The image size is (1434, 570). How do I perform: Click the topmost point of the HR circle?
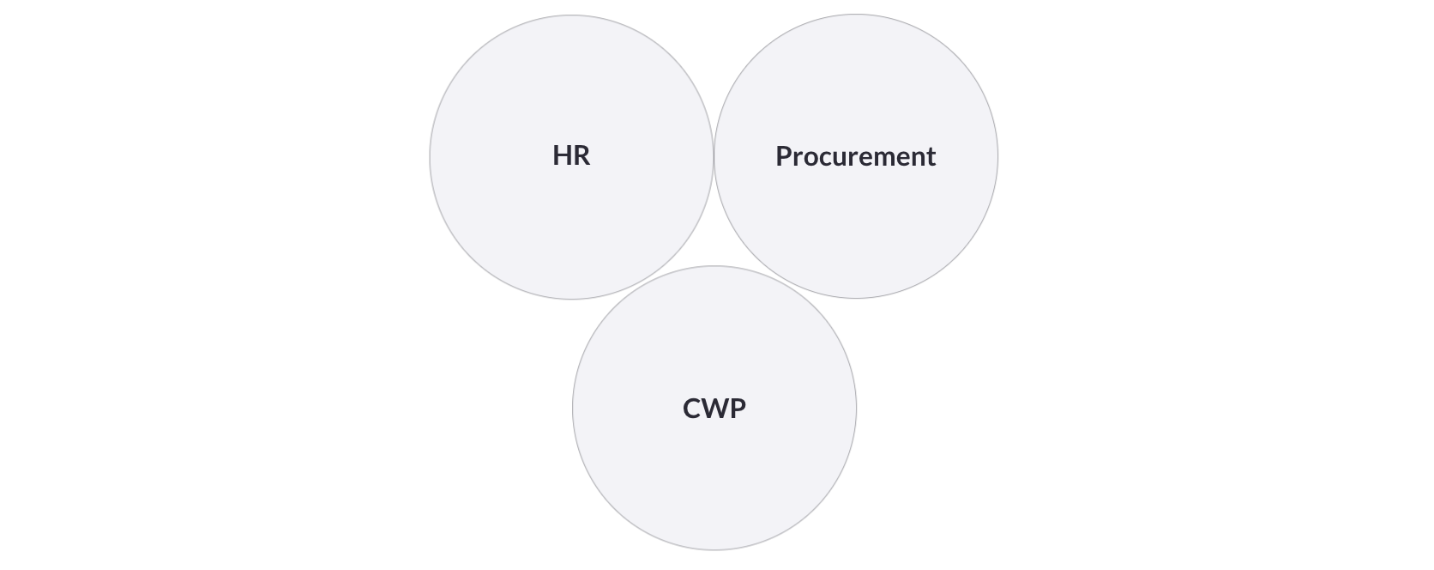pos(572,15)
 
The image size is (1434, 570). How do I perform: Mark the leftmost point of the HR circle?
pos(430,157)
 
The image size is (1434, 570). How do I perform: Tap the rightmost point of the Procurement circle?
pos(998,156)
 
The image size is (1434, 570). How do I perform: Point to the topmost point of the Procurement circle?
pos(856,14)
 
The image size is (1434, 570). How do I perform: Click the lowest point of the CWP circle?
pos(714,550)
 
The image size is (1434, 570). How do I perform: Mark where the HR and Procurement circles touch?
pos(714,157)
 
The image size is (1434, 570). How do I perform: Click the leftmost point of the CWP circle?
pos(572,408)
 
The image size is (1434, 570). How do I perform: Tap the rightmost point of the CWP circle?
pos(857,408)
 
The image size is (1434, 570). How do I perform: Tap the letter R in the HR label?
pos(581,155)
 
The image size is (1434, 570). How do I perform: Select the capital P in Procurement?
pos(784,156)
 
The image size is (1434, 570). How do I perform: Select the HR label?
pos(572,155)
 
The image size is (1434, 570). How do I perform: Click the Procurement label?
pos(856,156)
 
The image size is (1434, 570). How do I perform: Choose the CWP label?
pos(714,409)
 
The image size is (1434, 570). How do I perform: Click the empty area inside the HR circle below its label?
pos(572,231)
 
